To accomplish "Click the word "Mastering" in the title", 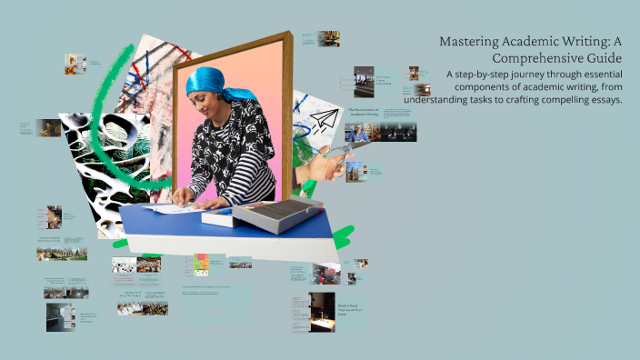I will (x=471, y=41).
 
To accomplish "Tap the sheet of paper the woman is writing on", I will (x=176, y=208).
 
